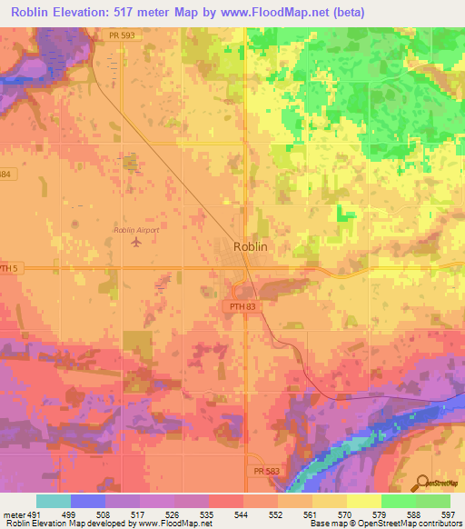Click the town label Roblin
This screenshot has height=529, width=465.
coord(249,245)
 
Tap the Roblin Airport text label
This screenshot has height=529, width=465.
coord(136,230)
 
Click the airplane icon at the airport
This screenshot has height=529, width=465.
coord(136,242)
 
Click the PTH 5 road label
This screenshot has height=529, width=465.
coord(9,268)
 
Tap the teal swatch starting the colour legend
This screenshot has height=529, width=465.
coord(53,501)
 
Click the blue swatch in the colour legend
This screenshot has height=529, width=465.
coord(88,501)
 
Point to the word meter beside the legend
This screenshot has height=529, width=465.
coord(13,515)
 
